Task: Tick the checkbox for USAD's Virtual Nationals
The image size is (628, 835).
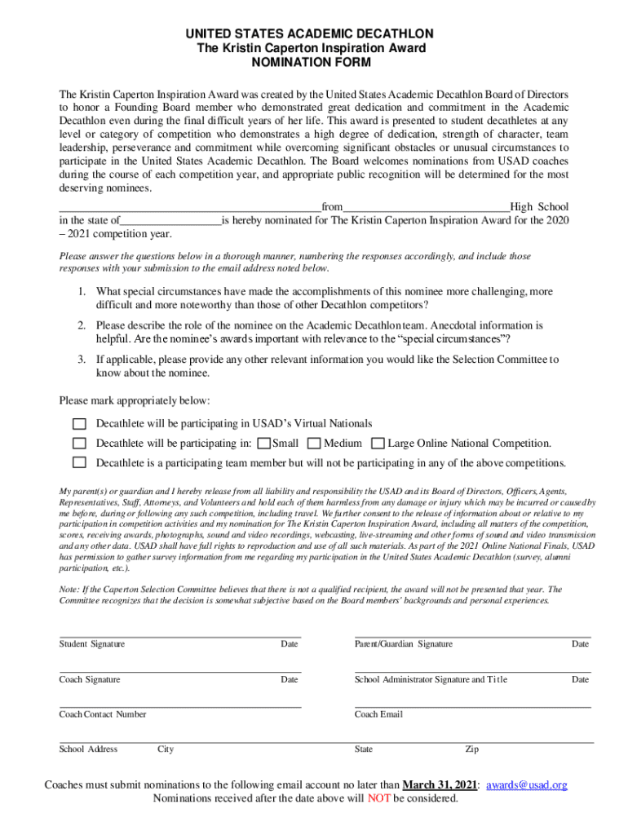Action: [x=79, y=423]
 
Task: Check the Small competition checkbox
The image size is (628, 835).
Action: [x=263, y=444]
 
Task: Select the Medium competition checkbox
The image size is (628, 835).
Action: [x=314, y=444]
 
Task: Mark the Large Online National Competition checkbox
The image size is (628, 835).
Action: [x=378, y=444]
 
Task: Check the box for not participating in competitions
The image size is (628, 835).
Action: [x=79, y=463]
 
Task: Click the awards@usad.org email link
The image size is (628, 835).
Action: [x=527, y=784]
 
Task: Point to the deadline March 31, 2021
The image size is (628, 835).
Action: [x=440, y=784]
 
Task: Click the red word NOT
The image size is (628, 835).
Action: [x=378, y=798]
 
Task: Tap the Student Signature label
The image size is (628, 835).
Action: [x=92, y=644]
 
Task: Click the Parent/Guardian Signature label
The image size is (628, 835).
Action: [x=403, y=644]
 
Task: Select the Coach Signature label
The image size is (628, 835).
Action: [x=90, y=679]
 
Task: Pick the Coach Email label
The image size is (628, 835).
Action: [x=378, y=714]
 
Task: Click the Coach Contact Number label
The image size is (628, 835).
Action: [x=103, y=714]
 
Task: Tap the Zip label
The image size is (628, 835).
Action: [x=471, y=749]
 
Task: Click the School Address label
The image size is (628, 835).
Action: [x=88, y=749]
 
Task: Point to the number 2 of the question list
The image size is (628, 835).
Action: [x=82, y=325]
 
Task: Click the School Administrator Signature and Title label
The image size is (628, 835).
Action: [x=431, y=679]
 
